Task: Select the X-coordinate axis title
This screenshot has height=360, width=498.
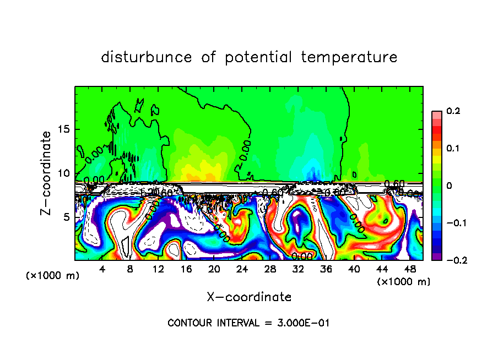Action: coord(249,297)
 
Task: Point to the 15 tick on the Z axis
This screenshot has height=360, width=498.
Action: coord(64,129)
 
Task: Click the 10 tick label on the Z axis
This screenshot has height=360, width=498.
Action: coord(64,173)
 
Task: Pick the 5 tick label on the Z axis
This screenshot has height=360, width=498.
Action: coord(67,217)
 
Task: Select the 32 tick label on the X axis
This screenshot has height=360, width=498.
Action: coord(298,269)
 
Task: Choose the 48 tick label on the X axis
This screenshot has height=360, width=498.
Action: coord(410,269)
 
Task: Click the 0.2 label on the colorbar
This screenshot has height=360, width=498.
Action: coord(453,111)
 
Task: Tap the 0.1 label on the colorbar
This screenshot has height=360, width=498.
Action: coord(453,149)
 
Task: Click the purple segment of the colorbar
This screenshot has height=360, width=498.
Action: coord(437,257)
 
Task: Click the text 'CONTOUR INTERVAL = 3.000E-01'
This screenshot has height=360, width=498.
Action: coord(248,323)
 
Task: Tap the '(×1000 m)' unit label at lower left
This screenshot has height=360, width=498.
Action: coord(53,276)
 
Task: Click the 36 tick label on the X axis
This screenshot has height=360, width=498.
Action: coord(326,269)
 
